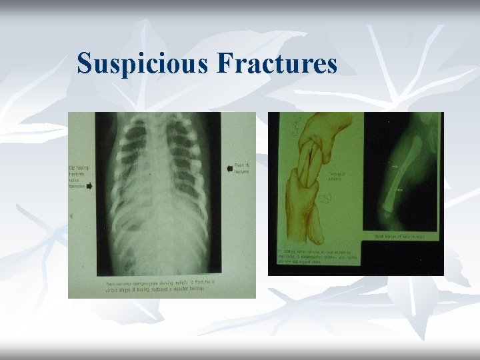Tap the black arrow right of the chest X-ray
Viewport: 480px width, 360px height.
point(230,169)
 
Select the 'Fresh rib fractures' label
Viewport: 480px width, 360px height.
point(241,169)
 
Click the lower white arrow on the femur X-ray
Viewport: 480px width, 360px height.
point(399,191)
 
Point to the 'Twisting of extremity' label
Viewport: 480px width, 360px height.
point(336,176)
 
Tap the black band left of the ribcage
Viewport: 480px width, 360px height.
point(103,193)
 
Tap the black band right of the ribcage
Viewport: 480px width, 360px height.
point(214,193)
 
